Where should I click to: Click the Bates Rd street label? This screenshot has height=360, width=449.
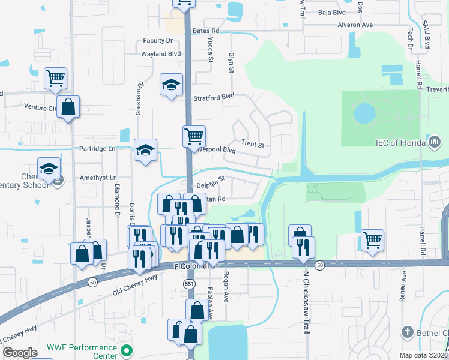206,30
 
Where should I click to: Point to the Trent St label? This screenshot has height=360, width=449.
253,144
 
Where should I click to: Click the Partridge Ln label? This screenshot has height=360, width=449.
97,148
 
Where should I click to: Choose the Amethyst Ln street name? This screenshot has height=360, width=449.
97,178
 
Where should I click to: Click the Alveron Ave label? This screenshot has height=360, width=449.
355,25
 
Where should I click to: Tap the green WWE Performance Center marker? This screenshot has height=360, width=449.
126,350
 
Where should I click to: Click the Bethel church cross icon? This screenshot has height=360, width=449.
407,332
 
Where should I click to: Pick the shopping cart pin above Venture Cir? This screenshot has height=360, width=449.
55,77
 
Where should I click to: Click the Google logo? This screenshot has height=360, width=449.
20,352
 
